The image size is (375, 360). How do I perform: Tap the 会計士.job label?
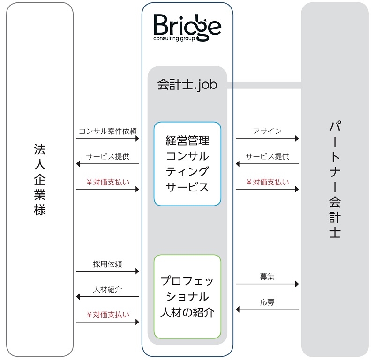point(187,85)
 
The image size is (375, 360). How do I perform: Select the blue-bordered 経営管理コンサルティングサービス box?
point(187,163)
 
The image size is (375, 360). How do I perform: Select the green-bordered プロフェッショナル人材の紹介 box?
point(187,296)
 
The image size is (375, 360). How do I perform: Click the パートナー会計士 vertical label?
point(334,180)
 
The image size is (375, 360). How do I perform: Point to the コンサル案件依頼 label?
point(108,131)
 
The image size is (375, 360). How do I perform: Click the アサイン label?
point(267,131)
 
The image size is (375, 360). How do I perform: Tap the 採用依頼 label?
point(108,264)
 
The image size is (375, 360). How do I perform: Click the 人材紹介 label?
point(108,289)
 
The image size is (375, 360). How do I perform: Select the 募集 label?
point(267,277)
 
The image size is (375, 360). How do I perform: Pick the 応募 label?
point(267,302)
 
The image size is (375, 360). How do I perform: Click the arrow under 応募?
point(267,309)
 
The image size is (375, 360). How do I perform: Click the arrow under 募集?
point(267,284)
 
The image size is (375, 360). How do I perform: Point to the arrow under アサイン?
point(267,139)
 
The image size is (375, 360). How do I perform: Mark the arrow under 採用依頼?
point(108,271)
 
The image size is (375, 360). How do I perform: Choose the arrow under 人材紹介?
point(108,297)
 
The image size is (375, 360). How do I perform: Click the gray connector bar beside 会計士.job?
point(264,85)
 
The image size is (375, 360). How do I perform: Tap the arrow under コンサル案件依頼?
point(108,139)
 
